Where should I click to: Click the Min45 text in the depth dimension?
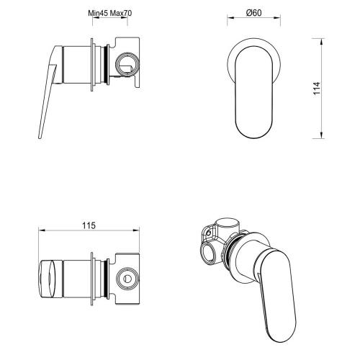tap(96, 13)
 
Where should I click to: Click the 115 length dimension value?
tap(86, 225)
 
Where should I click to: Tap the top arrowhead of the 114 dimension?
tap(319, 40)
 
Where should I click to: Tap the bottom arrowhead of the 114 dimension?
tap(319, 136)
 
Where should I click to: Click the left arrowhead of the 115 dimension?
tap(39, 231)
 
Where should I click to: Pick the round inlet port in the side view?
tap(126, 63)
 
